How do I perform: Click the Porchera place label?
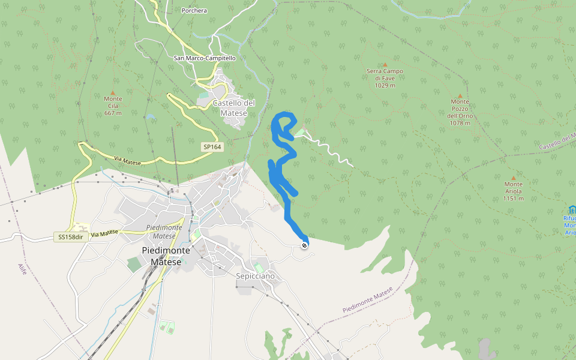pyautogui.click(x=194, y=10)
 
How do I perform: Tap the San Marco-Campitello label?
pyautogui.click(x=205, y=58)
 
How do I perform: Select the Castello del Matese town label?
pyautogui.click(x=233, y=107)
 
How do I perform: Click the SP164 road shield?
pyautogui.click(x=211, y=147)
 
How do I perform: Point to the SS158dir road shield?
pyautogui.click(x=70, y=237)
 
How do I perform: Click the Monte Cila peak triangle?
pyautogui.click(x=113, y=93)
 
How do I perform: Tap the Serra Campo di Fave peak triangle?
pyautogui.click(x=385, y=65)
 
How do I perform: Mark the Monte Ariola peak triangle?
pyautogui.click(x=513, y=178)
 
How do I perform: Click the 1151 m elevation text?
pyautogui.click(x=513, y=199)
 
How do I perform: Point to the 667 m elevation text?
pyautogui.click(x=113, y=113)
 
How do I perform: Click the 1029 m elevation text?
pyautogui.click(x=385, y=85)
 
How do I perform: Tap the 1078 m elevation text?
pyautogui.click(x=460, y=124)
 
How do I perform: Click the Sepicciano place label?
pyautogui.click(x=255, y=276)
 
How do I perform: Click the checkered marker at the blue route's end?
pyautogui.click(x=305, y=245)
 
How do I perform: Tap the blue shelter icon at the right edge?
pyautogui.click(x=572, y=209)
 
